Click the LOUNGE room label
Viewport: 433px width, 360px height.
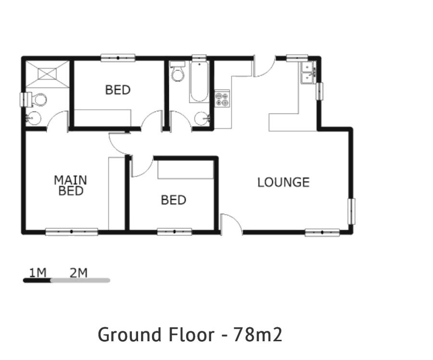click(x=283, y=182)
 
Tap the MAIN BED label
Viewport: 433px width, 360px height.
click(x=70, y=185)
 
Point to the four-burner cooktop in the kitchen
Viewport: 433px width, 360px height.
click(x=222, y=99)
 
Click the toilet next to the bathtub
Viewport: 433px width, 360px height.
click(x=178, y=73)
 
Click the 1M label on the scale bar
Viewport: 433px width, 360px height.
click(x=38, y=273)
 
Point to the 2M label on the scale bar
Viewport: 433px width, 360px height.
click(x=78, y=273)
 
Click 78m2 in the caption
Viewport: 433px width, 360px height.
click(x=257, y=334)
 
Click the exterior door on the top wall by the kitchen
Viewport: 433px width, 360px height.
click(x=264, y=66)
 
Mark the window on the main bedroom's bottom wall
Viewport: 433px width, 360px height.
click(x=72, y=232)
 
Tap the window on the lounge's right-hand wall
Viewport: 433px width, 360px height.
click(x=351, y=211)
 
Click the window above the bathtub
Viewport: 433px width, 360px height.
click(x=198, y=58)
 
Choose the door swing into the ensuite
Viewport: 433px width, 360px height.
click(x=57, y=121)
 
